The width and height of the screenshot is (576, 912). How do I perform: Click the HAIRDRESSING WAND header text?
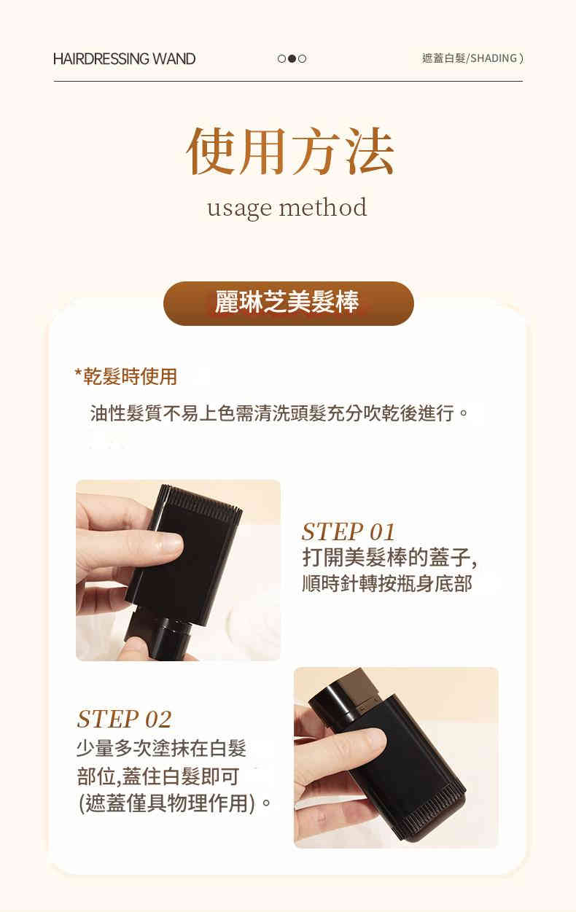tap(124, 58)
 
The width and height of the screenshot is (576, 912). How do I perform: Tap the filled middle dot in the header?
tap(292, 58)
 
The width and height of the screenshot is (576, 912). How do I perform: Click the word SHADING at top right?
tap(494, 58)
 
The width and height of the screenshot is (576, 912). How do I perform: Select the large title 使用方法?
tap(290, 151)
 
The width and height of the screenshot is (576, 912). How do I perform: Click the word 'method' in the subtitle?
tap(323, 207)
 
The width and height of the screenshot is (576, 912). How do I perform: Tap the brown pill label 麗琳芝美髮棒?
tap(288, 303)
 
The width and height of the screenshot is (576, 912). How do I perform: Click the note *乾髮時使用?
tap(126, 376)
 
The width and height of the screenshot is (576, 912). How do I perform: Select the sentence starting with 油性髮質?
tap(279, 413)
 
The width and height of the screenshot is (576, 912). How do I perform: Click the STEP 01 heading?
tap(349, 531)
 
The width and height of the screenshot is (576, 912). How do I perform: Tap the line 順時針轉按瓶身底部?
tap(387, 583)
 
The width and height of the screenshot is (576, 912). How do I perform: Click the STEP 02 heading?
tap(124, 719)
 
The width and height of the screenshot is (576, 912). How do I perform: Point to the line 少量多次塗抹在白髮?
tap(162, 748)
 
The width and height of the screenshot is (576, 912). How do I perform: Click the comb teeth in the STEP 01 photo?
tap(201, 502)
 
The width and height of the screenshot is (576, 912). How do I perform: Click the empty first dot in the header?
tap(281, 58)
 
